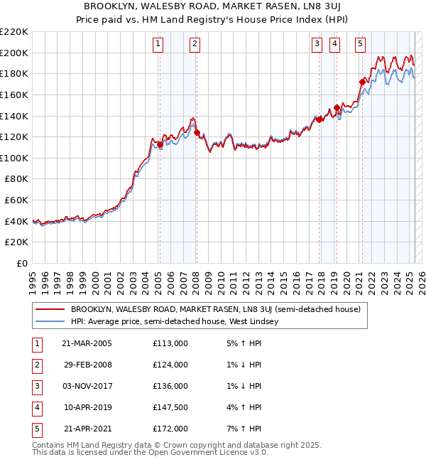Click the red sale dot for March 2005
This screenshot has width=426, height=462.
[160, 144]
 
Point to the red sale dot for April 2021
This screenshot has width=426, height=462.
[362, 82]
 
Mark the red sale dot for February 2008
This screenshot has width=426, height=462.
[197, 132]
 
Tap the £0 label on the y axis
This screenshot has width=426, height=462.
[21, 264]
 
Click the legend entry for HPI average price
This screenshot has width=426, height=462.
[174, 321]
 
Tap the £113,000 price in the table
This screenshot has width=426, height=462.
[170, 343]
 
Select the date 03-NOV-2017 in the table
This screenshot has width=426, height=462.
[87, 386]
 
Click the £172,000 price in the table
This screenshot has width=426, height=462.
[170, 429]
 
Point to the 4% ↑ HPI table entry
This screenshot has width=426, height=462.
[245, 407]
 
